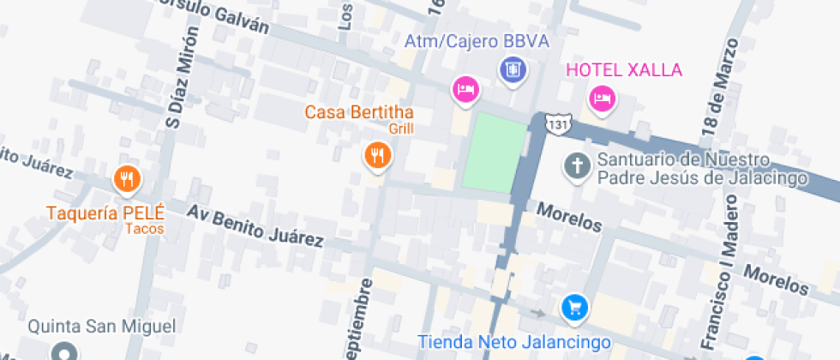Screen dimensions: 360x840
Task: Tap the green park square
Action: (x=495, y=153)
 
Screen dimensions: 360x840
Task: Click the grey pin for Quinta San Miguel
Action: (x=63, y=351)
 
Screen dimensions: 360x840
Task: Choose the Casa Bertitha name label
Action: (x=359, y=112)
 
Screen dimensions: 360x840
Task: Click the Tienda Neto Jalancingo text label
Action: (x=514, y=342)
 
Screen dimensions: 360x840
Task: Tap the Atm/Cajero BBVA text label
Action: (x=477, y=41)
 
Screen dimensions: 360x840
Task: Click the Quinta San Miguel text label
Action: (x=101, y=326)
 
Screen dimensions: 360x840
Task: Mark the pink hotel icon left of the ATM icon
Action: (x=465, y=88)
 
